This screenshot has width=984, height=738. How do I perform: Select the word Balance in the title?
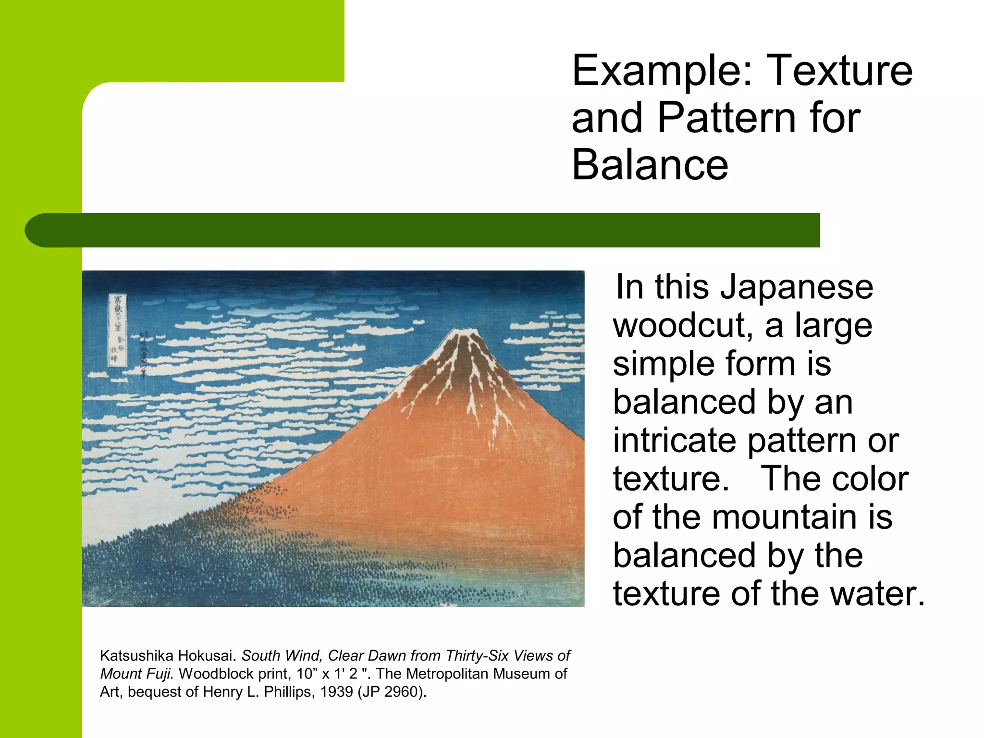coord(650,165)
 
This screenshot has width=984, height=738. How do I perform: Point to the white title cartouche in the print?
coord(117,331)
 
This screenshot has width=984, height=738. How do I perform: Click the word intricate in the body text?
coord(675,441)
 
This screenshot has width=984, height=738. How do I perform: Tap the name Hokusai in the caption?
coord(211,656)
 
